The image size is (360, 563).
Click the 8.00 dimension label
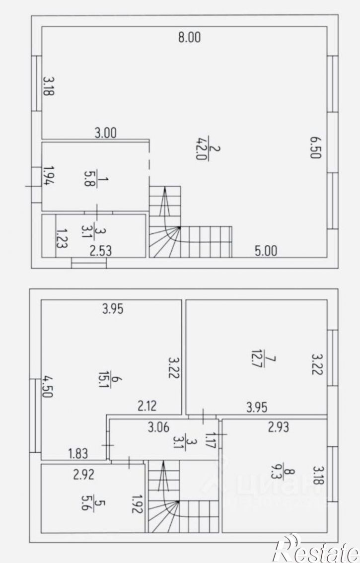[189, 37]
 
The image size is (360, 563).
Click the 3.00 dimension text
[106, 133]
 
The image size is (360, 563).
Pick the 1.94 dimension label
[49, 176]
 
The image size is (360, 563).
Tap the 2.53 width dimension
[101, 251]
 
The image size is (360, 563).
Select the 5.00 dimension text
[266, 251]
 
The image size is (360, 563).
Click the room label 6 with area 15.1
[111, 379]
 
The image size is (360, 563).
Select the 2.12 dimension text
[147, 406]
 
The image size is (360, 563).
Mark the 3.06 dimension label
[158, 427]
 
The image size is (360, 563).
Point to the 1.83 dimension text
[78, 453]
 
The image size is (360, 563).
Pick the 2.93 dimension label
[279, 427]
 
